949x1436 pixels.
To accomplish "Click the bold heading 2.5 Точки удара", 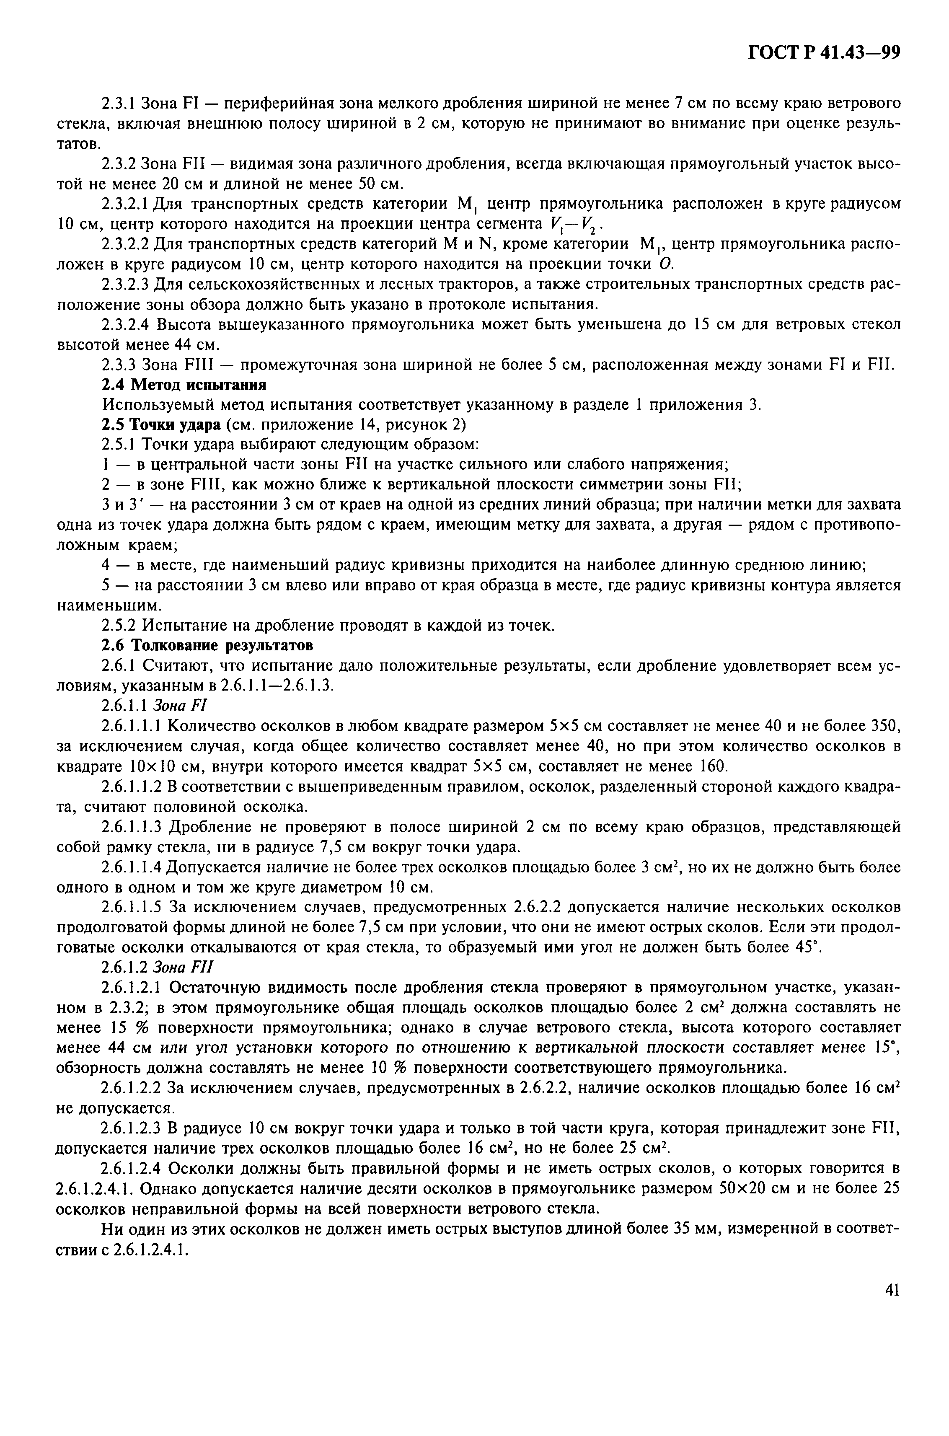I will coord(160,425).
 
